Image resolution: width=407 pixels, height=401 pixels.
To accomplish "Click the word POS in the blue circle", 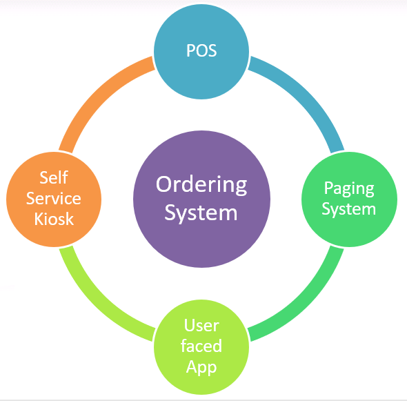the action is coord(201,50).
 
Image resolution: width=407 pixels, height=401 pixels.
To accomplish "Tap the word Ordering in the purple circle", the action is coord(201,186).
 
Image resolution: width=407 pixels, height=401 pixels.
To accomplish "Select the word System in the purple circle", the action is coord(201,213).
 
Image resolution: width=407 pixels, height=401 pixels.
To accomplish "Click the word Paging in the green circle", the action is coord(349,189).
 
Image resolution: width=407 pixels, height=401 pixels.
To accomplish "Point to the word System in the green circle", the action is coord(349,209).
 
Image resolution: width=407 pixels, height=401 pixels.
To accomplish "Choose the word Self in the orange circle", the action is coord(54,177).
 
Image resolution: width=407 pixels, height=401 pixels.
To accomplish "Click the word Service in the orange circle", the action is coord(54,198).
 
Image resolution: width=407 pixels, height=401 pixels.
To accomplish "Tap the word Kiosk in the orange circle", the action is coord(54,219).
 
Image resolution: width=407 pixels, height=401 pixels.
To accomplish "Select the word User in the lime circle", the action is coord(201,325).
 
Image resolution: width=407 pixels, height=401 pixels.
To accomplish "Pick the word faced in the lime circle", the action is coord(201,346).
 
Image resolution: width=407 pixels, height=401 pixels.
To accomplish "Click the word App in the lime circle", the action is coord(201,367).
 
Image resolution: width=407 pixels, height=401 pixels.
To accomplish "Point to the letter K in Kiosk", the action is coord(39,219).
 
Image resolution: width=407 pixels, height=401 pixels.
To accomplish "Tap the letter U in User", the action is coord(190,325).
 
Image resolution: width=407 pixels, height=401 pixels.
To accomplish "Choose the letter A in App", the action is coord(192,366).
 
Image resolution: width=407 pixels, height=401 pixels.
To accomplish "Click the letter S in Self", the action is coord(44,177).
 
